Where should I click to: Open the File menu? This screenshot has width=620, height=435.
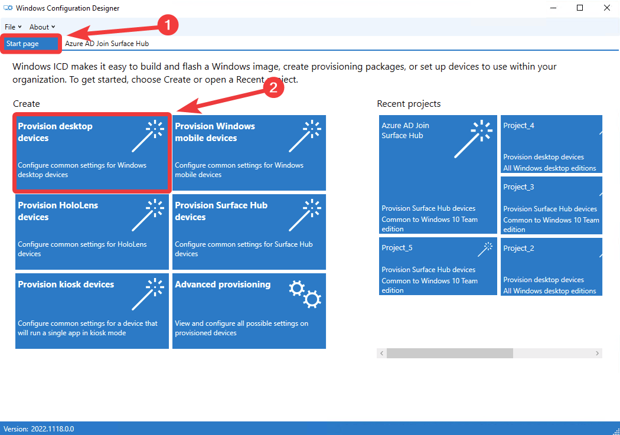click(13, 27)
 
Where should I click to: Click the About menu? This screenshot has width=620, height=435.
click(42, 27)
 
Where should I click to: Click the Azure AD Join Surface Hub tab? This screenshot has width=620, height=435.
click(107, 44)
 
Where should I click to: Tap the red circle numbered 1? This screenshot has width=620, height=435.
click(168, 25)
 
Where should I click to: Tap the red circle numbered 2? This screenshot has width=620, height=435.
click(273, 87)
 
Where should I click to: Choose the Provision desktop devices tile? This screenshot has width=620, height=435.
click(92, 153)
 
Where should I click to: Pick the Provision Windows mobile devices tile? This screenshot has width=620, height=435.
click(249, 153)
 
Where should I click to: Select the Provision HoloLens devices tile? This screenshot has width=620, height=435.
click(92, 232)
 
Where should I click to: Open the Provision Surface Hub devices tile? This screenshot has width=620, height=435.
click(249, 232)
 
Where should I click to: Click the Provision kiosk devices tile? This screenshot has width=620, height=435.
click(92, 311)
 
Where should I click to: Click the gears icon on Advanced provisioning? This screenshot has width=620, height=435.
click(305, 294)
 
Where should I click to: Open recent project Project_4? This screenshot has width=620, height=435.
click(551, 144)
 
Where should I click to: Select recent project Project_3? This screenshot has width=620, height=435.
click(551, 205)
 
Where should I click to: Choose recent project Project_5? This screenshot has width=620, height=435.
click(438, 266)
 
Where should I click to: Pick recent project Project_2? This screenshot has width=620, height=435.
click(551, 266)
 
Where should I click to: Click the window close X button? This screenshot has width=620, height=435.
click(607, 8)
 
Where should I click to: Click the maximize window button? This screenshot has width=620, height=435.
click(580, 8)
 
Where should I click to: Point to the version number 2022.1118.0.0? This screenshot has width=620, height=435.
click(53, 429)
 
